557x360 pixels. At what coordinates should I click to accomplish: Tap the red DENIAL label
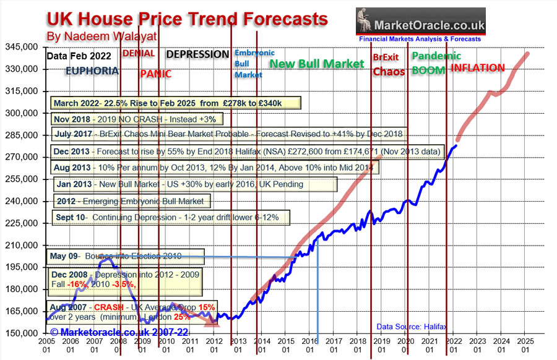[139, 53]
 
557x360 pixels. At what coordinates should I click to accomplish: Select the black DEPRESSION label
[198, 54]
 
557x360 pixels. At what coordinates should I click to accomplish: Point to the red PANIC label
[155, 74]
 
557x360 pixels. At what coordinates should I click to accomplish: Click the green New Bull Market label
[317, 64]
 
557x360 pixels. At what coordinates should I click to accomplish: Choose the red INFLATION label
[477, 68]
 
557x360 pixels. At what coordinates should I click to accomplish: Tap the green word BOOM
[428, 71]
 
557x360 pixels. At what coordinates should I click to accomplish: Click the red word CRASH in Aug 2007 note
[107, 307]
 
